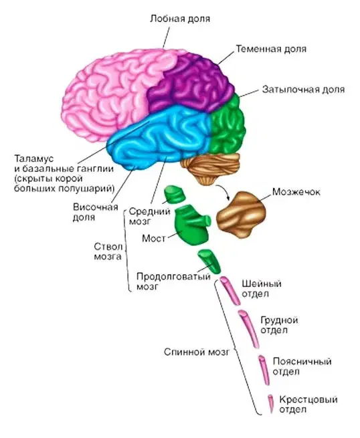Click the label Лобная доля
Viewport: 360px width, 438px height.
180,19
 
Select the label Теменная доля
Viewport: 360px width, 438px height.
271,49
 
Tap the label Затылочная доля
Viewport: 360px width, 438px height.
303,90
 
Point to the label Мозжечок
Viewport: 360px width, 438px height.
296,192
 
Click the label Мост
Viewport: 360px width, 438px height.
154,238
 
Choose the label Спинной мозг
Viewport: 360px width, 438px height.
197,352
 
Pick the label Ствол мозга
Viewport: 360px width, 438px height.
108,251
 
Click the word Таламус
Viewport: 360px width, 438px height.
34,158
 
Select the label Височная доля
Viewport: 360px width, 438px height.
95,212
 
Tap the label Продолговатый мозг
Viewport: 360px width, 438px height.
173,282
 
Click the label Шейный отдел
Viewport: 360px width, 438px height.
262,289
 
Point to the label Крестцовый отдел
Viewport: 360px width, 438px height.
308,404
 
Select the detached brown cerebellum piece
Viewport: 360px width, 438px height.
241,214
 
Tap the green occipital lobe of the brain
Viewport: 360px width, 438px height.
227,126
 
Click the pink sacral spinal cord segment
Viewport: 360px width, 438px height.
270,403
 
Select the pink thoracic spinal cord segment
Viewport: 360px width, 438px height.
248,329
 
